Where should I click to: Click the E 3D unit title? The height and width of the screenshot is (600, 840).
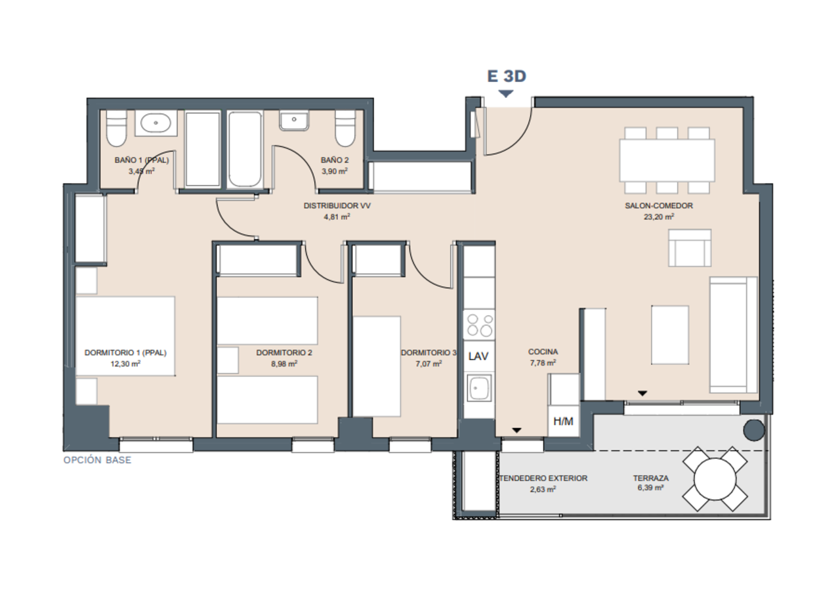pos(506,76)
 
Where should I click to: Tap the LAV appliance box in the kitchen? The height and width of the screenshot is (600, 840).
pos(479,356)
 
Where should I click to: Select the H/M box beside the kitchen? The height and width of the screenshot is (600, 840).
pos(563,421)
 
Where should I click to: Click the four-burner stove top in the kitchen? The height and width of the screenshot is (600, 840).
pos(479,325)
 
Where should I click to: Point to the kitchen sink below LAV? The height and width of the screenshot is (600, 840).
pos(479,388)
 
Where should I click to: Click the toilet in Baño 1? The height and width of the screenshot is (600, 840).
pos(116,128)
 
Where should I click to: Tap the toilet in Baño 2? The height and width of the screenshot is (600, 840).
pos(345,128)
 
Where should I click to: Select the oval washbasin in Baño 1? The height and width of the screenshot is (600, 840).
pos(156,123)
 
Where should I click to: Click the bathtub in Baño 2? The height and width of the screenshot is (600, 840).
pos(245,149)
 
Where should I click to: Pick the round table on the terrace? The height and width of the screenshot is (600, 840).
pos(715,479)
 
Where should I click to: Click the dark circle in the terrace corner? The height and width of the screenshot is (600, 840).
pos(754,430)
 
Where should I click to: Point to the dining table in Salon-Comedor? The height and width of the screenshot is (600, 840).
pos(667,160)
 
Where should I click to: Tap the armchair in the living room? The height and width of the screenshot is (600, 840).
pos(690,248)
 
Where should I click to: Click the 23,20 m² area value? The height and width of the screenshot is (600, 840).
pos(659,217)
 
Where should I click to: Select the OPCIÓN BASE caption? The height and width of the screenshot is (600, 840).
pos(98,460)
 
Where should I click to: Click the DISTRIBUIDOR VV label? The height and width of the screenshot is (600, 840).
pos(337,205)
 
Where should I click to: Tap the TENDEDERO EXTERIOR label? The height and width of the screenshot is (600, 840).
pos(543,478)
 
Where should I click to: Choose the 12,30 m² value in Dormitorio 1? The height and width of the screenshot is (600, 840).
pos(125,364)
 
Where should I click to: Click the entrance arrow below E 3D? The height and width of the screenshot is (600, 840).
pos(506,94)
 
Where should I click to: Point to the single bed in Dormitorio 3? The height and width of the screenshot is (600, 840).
pos(377,366)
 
